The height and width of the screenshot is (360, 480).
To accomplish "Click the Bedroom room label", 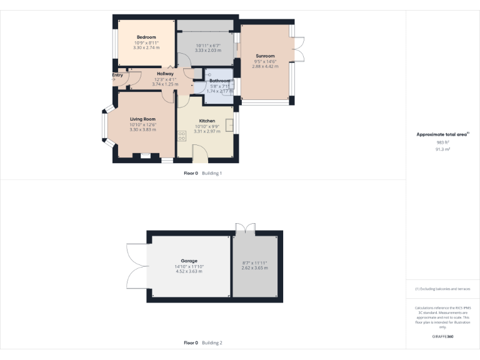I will click(x=146, y=37).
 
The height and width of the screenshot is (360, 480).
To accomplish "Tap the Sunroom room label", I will click(x=265, y=56).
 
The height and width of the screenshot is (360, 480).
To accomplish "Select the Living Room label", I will click(x=142, y=119).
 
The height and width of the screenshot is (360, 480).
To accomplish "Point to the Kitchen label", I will click(x=207, y=121).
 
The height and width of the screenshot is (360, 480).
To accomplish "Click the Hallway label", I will click(x=165, y=74).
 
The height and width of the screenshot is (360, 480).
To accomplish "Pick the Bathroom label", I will click(x=219, y=81).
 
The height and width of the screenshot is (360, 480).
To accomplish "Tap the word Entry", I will click(x=117, y=75).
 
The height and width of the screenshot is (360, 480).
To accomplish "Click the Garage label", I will click(x=189, y=261).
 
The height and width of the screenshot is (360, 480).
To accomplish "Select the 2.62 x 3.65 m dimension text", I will click(x=254, y=267).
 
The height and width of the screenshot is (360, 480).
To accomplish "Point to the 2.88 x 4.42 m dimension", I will click(x=265, y=66).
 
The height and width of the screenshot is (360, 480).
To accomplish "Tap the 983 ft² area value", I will click(x=442, y=142).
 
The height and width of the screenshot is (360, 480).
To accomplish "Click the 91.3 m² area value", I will click(x=442, y=149).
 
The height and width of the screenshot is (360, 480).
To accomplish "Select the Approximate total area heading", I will click(x=442, y=134).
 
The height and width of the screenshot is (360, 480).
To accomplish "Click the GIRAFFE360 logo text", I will click(x=442, y=337).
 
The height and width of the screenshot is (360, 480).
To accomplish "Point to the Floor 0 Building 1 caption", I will click(x=202, y=173).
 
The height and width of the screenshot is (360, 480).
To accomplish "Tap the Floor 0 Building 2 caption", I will click(x=202, y=343).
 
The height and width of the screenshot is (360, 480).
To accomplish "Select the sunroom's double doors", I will click(x=299, y=50).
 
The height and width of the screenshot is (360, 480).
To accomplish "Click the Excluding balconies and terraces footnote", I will click(x=442, y=289).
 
